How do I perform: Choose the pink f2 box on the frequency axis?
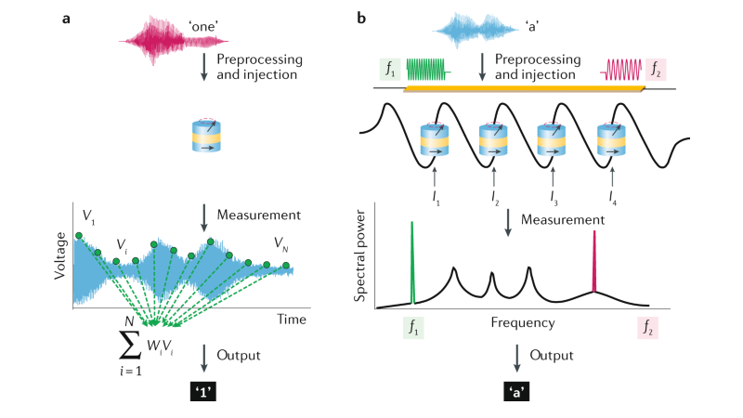coord(647,326)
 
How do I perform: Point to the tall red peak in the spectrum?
coord(594,263)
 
